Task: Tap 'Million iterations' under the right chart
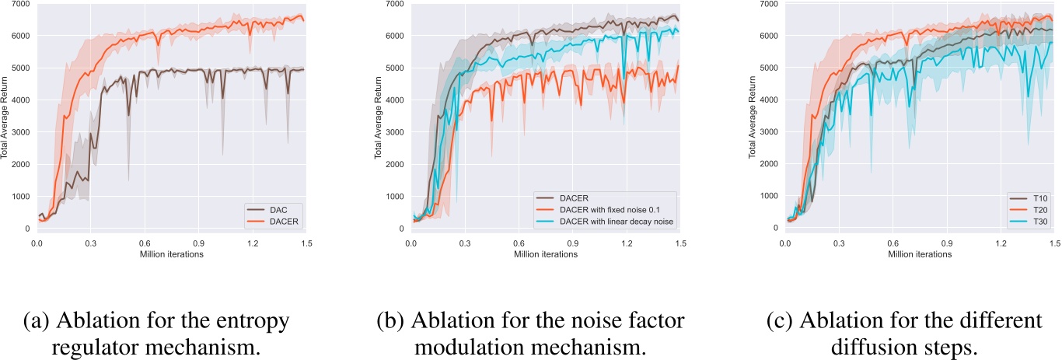[x=921, y=254]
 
